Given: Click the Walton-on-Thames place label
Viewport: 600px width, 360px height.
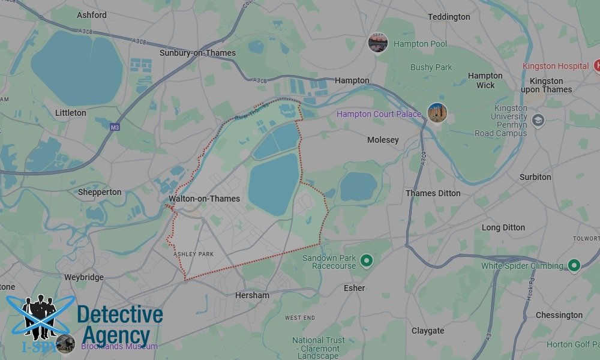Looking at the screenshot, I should coord(205,199).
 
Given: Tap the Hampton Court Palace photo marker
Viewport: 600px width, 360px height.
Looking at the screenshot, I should coord(437,113).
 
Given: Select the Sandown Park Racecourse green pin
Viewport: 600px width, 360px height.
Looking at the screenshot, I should coord(367,261).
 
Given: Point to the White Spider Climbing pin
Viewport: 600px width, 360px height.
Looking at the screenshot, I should coord(574,265).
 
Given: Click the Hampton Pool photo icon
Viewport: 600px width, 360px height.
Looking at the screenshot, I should coord(378,43).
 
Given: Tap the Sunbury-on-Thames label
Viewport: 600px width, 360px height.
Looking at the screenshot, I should coord(197,53).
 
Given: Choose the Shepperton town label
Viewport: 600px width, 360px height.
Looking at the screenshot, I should coord(100,192).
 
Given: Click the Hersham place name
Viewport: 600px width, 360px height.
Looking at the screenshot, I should coord(252,295).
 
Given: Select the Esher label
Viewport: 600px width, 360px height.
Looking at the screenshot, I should coord(355,288).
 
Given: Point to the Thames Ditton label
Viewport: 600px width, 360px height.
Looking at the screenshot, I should coord(433,193).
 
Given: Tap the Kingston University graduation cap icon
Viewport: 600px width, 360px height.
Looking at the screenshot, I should coord(538,119).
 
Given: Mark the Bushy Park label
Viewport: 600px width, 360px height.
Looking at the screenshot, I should coord(431,67).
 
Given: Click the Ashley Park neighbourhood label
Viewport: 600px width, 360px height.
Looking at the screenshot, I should coord(193,254).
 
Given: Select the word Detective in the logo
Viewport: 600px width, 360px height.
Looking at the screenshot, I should coord(120,314).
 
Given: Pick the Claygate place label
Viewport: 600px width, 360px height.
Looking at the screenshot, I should coord(428,331).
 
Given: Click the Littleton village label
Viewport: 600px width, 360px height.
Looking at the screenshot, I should coord(71,113).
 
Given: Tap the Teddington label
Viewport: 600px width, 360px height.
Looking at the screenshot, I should coord(449,17).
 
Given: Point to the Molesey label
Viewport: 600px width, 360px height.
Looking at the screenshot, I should coord(383,140).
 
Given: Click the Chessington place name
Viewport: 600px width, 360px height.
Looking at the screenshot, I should coord(559,315).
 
